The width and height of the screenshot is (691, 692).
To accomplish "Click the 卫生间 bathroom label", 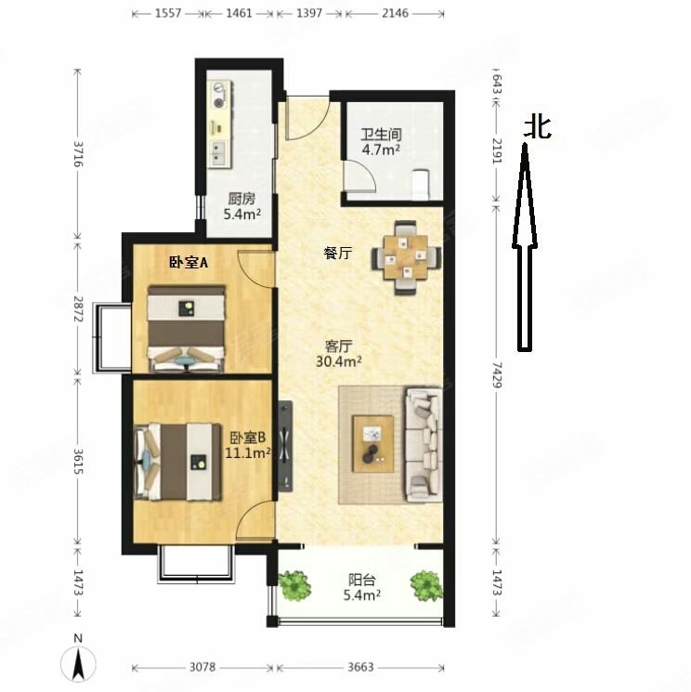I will (381, 131).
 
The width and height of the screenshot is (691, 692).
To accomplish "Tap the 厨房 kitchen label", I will (241, 198).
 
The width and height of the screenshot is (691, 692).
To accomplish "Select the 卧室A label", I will (189, 263).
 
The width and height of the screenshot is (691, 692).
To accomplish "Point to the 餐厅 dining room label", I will (337, 253).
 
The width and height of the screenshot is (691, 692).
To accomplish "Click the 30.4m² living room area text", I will (339, 360).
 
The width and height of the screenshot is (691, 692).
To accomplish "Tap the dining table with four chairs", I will (406, 255).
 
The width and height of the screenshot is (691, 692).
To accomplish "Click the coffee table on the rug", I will (372, 443).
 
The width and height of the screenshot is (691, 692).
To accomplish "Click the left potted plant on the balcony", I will (295, 585).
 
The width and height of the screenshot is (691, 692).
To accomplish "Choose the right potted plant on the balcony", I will (426, 585).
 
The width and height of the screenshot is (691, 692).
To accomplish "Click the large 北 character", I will (537, 127).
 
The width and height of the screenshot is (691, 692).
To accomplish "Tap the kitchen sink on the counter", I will (219, 150).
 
